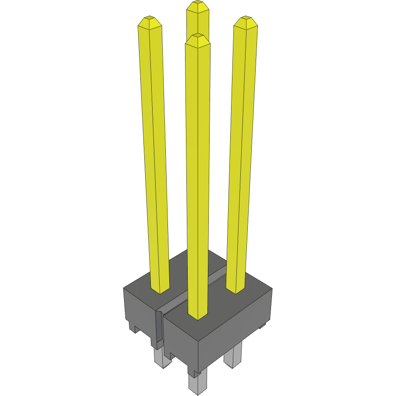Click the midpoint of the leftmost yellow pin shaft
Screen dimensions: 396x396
coord(154,156)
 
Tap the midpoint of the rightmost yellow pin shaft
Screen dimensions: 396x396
coord(241,156)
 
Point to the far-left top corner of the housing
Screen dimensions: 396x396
coord(123,289)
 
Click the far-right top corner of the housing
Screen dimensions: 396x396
coord(272,288)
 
